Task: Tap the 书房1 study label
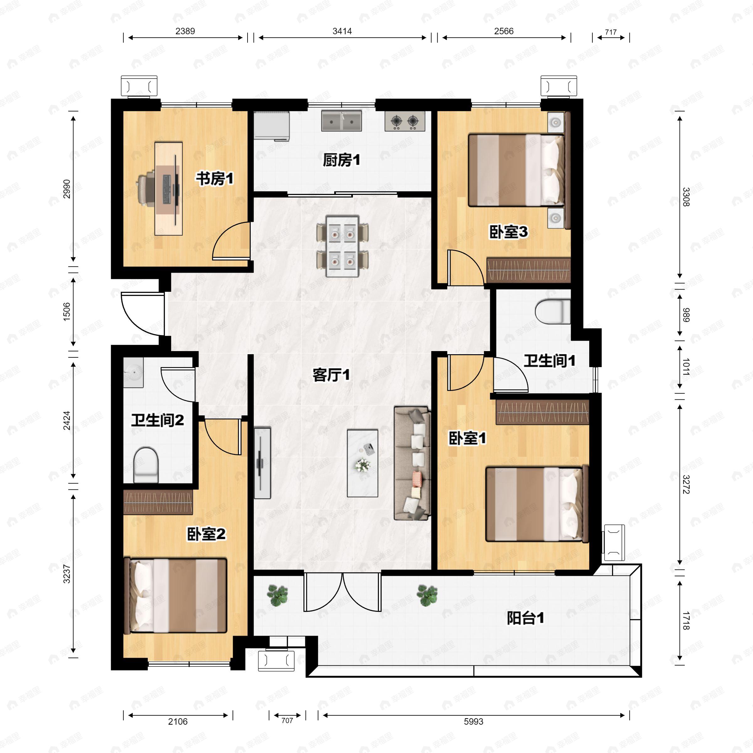(x=214, y=179)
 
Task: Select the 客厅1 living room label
(x=331, y=375)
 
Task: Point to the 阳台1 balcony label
(x=526, y=618)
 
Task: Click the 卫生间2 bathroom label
(x=158, y=420)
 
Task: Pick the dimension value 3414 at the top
(x=342, y=31)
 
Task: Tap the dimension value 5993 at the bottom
(x=473, y=721)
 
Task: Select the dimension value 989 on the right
(x=686, y=315)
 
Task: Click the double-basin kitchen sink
(x=341, y=121)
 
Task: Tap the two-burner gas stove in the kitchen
(x=404, y=121)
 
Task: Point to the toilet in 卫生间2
(x=146, y=465)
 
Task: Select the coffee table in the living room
(x=362, y=463)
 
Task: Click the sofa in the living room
(x=412, y=463)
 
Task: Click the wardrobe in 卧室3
(x=528, y=270)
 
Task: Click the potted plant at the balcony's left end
(x=277, y=595)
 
